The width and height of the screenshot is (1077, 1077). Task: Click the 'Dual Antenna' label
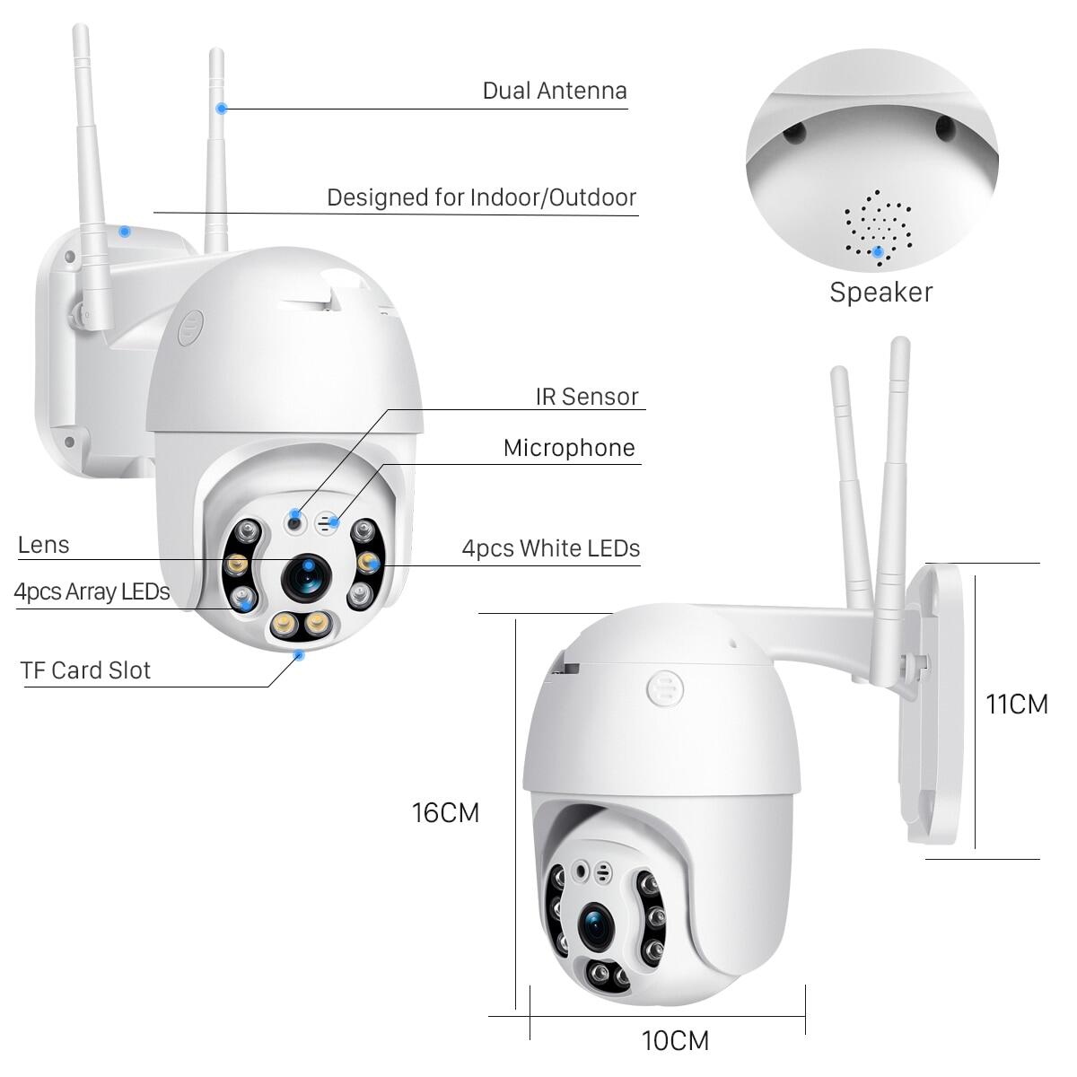(554, 91)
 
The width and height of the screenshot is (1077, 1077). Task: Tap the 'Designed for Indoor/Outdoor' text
(481, 197)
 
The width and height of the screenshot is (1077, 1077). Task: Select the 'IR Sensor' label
(587, 397)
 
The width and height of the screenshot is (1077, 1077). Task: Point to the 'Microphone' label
(569, 448)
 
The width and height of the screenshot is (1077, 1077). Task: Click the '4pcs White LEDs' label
(551, 547)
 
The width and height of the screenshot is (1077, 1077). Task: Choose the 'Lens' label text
(43, 545)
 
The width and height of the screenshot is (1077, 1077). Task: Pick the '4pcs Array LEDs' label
(92, 591)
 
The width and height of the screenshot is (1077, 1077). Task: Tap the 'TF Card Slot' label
(85, 670)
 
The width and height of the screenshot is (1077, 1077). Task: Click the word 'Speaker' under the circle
(880, 292)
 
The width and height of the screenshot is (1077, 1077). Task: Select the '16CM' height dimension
(445, 813)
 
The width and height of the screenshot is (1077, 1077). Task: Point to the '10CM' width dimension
(675, 1041)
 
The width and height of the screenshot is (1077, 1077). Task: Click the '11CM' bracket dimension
(1017, 705)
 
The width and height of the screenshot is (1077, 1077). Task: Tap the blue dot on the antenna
(221, 109)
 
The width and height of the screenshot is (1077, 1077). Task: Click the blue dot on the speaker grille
(878, 252)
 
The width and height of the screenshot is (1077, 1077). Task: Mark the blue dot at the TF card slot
(299, 655)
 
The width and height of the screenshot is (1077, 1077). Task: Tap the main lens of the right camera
(595, 928)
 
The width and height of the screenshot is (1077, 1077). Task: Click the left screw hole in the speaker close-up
(793, 135)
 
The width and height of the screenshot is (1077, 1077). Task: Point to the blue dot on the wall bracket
(125, 231)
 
